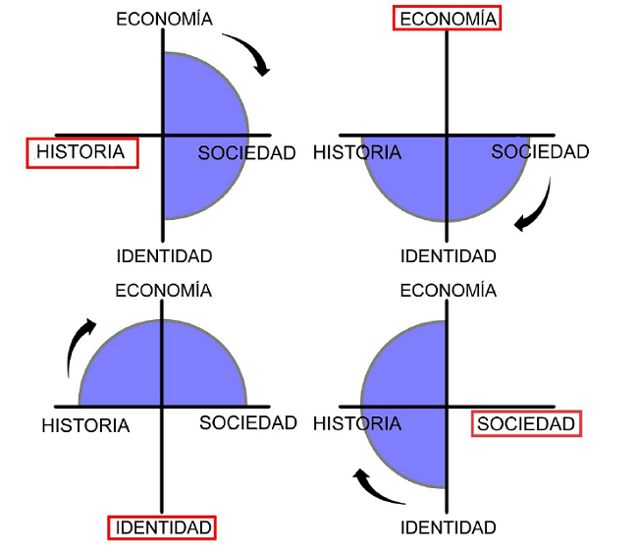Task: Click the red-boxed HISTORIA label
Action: click(x=81, y=152)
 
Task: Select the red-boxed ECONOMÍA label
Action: click(x=447, y=19)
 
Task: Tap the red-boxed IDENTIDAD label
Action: click(x=162, y=527)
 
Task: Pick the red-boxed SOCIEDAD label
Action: click(x=526, y=423)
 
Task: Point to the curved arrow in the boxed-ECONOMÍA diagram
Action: click(x=536, y=207)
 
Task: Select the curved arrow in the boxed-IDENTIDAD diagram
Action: click(x=80, y=346)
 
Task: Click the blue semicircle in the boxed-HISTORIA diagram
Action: click(x=201, y=135)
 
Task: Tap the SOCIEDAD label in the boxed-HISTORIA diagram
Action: click(x=246, y=153)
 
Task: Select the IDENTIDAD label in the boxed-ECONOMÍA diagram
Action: click(x=448, y=256)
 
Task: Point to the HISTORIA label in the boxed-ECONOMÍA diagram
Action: click(x=357, y=152)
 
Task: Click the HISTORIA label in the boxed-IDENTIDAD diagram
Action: click(x=86, y=425)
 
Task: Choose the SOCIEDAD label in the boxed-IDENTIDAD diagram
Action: click(x=247, y=423)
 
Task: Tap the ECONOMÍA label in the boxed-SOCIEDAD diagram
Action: click(x=448, y=291)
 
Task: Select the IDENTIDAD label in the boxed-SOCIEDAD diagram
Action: click(x=448, y=527)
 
